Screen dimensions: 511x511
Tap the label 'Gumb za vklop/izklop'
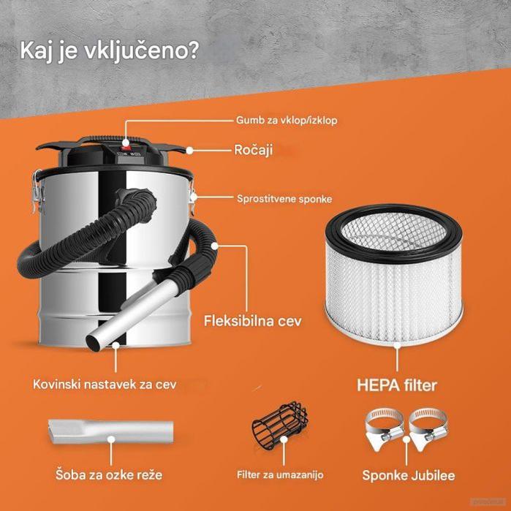point(287,119)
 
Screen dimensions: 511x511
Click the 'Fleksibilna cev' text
point(264,320)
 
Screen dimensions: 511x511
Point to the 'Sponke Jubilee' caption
point(409,475)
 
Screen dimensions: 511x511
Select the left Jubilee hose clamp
point(384,429)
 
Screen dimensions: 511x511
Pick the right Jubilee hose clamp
point(428,429)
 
